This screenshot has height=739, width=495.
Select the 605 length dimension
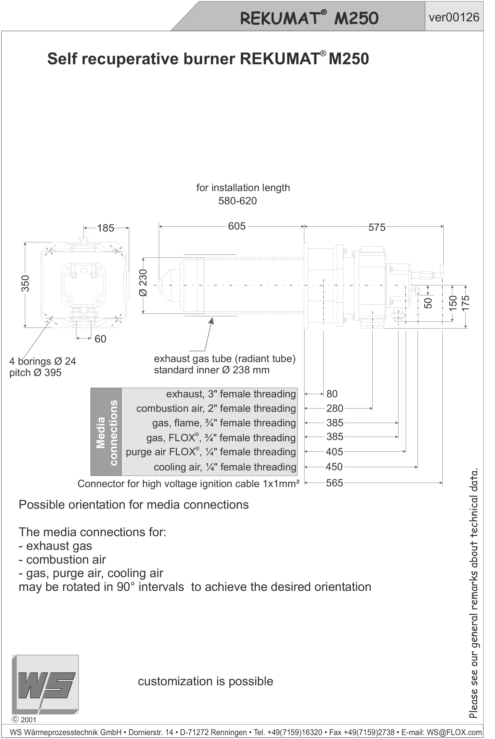click(237, 226)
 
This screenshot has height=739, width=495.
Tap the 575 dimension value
click(377, 227)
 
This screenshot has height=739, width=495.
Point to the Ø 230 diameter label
click(143, 283)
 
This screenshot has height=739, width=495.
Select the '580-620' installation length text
click(237, 201)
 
